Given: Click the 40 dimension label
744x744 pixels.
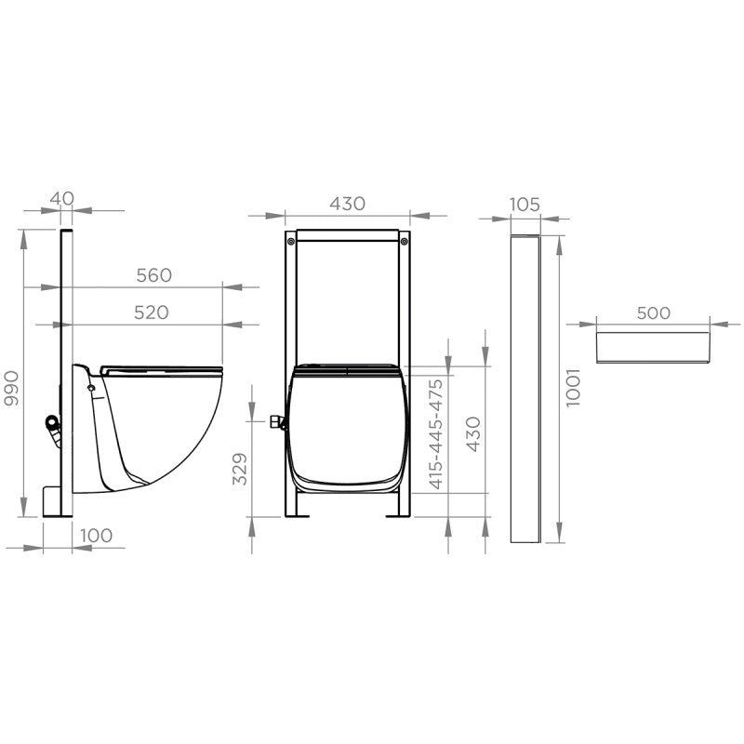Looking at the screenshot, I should point(61,198).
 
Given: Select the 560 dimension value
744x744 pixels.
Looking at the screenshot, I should point(153,275).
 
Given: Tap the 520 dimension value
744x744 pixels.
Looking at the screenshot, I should point(152,312).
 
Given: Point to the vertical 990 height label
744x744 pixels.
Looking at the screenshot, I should point(12,389).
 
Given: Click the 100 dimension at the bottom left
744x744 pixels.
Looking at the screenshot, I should point(96,535).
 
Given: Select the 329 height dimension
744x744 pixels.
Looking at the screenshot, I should point(239,472).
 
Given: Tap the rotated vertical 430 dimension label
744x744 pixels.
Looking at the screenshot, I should point(472,434).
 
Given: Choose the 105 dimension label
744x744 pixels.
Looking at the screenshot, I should point(525,205).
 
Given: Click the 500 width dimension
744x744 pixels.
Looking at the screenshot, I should point(654,312).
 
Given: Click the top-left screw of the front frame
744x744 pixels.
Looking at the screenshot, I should point(292,242).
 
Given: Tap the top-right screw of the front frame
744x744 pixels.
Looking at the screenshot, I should point(403,242).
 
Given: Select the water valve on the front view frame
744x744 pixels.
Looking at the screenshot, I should point(276,424).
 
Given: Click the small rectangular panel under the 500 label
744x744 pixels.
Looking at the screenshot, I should point(654,345).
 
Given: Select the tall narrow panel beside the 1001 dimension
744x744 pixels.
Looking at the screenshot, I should point(525,389).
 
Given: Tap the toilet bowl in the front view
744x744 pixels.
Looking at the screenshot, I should point(348,428).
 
